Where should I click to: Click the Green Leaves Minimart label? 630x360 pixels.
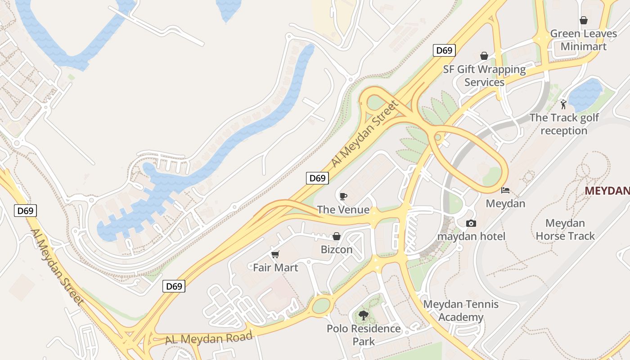[584, 40]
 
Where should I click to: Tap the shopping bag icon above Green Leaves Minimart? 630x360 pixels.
[584, 20]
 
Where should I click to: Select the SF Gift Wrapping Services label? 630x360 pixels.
[484, 76]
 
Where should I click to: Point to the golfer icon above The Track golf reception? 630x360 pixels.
[563, 104]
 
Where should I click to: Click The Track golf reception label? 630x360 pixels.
[564, 124]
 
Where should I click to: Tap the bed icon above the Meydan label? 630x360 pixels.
[505, 190]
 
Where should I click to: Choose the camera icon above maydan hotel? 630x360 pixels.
[471, 223]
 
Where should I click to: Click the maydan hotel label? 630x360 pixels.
[471, 236]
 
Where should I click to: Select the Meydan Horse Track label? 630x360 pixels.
[565, 229]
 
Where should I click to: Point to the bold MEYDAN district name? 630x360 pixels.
[607, 191]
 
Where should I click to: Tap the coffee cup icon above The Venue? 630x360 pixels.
[343, 196]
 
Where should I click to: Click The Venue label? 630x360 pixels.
[343, 210]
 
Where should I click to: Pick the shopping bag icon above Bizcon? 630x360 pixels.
[336, 236]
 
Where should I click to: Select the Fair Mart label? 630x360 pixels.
[275, 268]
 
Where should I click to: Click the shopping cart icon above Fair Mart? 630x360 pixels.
[275, 255]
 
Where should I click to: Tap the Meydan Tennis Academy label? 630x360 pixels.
[461, 310]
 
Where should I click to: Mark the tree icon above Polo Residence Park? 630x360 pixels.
[363, 315]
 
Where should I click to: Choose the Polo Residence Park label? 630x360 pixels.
[364, 335]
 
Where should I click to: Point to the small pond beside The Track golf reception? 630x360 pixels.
[585, 94]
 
